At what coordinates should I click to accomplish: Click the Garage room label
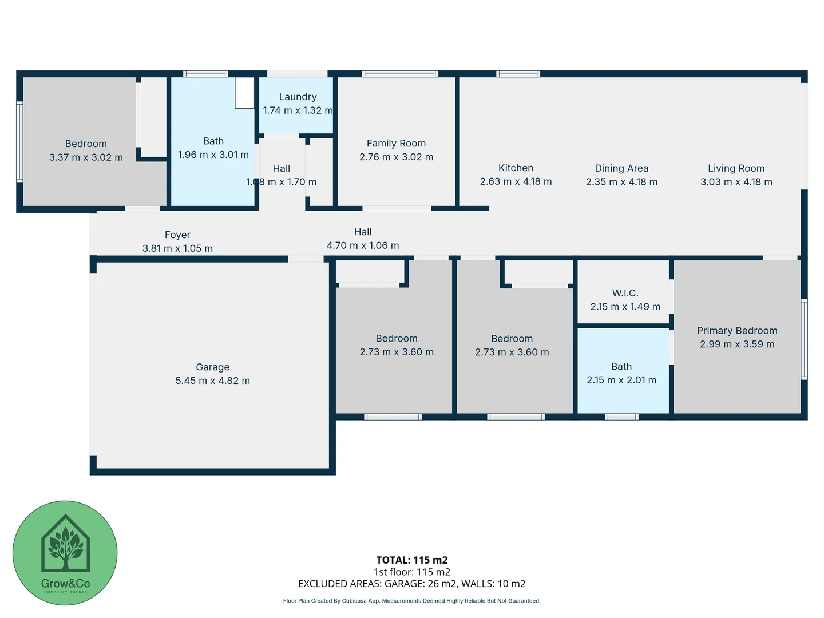click(x=212, y=367)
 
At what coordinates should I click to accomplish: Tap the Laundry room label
click(x=298, y=97)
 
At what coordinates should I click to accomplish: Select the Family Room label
click(x=396, y=143)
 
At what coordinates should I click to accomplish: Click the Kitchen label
click(x=516, y=168)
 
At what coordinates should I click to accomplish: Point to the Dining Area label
click(x=621, y=168)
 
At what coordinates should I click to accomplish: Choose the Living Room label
click(x=736, y=168)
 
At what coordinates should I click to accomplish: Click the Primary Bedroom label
click(x=737, y=330)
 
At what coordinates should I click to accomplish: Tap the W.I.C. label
click(x=625, y=293)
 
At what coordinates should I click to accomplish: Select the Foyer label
click(x=177, y=235)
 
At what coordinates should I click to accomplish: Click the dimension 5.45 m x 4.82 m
click(x=212, y=381)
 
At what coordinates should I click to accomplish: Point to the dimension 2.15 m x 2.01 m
click(x=621, y=380)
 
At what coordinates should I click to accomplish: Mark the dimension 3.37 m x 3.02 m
click(x=86, y=157)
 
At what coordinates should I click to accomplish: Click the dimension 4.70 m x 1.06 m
click(x=363, y=245)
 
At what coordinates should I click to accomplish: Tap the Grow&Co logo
click(x=65, y=553)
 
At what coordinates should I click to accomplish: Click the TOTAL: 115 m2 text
click(x=411, y=560)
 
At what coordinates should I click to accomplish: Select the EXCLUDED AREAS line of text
click(x=411, y=584)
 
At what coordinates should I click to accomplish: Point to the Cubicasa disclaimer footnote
click(x=411, y=601)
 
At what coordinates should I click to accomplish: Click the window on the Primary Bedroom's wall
click(x=804, y=339)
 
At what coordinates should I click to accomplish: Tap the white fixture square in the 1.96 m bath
click(x=244, y=93)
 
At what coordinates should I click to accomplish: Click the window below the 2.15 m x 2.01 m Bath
click(x=621, y=417)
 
